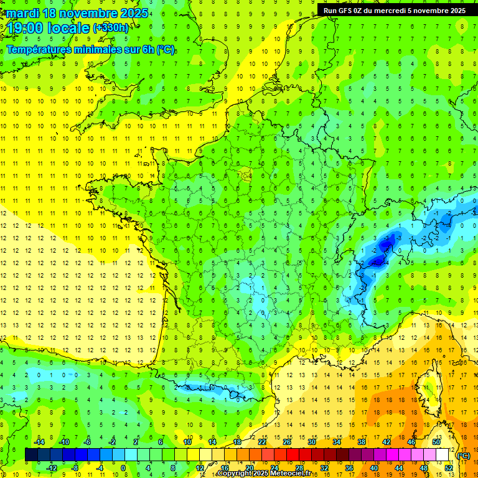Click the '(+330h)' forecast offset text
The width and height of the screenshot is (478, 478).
[x=111, y=28]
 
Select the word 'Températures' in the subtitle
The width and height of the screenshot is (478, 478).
[x=39, y=50]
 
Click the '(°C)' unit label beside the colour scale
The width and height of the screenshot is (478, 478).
[x=464, y=455]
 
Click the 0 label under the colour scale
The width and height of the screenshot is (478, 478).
[x=123, y=467]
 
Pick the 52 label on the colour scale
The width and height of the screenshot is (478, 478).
[x=449, y=467]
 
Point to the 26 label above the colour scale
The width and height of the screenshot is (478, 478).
[x=286, y=441]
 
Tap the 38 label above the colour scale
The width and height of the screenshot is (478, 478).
[x=361, y=441]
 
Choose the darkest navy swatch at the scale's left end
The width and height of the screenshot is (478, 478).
[x=31, y=454]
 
